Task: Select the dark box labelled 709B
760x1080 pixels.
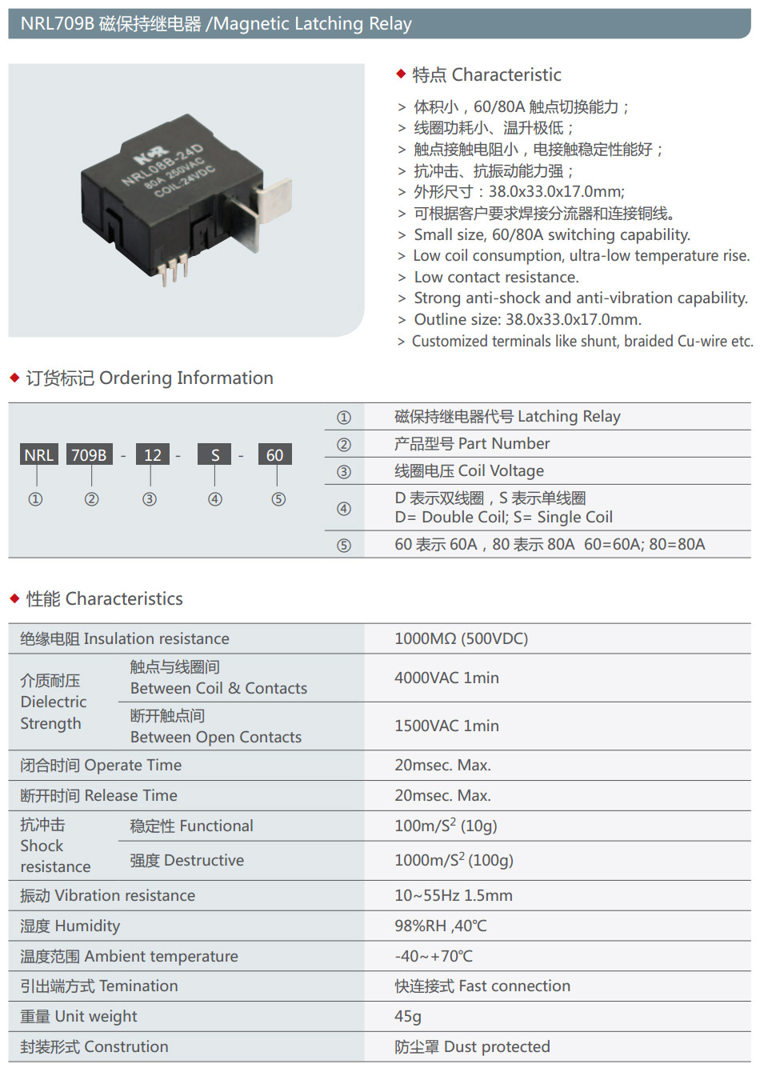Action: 90,454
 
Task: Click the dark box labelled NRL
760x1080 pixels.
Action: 38,454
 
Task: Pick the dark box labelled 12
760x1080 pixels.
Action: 152,454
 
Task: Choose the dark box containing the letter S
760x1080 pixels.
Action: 214,454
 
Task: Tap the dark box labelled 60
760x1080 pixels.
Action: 275,454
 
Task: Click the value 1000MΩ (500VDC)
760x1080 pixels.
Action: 461,638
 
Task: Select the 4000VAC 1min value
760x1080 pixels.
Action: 446,678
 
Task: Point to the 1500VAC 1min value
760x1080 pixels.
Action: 446,726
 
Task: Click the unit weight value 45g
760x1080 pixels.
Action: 408,1016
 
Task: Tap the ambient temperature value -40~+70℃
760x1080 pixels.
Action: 434,956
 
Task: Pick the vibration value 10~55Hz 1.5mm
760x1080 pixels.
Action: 454,895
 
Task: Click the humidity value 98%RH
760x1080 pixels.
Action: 419,926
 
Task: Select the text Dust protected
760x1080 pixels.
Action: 497,1046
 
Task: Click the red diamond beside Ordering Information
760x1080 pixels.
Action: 14,378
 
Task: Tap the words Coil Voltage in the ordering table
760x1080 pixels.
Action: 501,470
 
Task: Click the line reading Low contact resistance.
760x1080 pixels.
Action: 496,278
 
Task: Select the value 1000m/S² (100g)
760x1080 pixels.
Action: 454,860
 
